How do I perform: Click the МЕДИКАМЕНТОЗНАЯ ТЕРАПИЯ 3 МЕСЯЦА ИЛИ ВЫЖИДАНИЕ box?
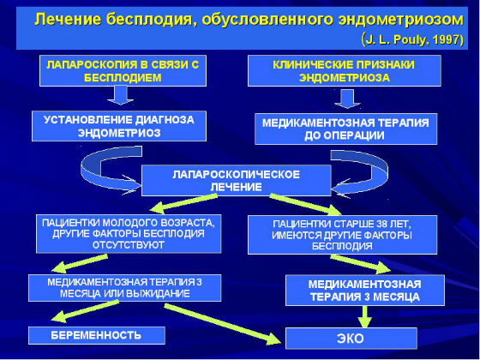click(x=125, y=287)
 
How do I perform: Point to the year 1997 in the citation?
click(x=445, y=39)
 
